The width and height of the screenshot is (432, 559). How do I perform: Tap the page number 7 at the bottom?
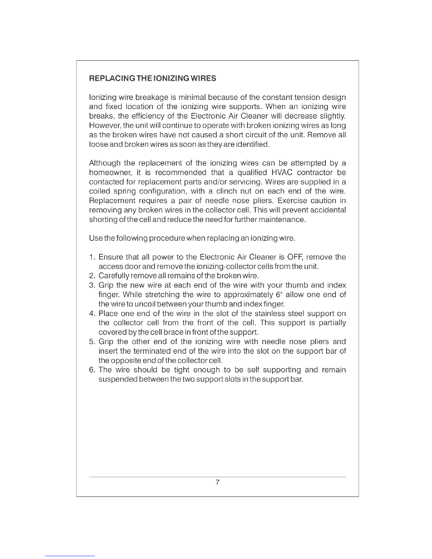point(217,482)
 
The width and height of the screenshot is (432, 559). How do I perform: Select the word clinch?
point(226,192)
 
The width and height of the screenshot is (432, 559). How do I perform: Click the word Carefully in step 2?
point(113,276)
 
